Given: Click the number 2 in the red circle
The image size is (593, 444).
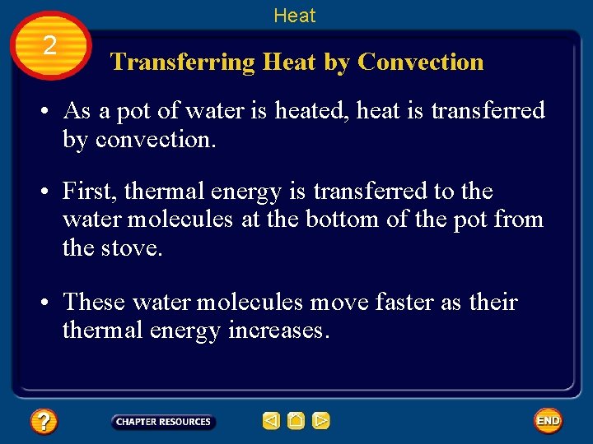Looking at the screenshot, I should point(49,46).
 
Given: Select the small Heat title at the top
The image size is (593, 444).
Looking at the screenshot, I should point(295,16).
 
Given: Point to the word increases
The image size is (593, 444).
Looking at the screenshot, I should point(280,331).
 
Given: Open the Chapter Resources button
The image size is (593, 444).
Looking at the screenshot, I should point(163,422).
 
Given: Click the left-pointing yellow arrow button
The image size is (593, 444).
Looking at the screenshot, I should point(271,422).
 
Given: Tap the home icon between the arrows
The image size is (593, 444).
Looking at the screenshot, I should point(296,422).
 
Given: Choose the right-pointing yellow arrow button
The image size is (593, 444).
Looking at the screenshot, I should point(321,422).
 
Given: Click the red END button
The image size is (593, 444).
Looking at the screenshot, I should point(548,421).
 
